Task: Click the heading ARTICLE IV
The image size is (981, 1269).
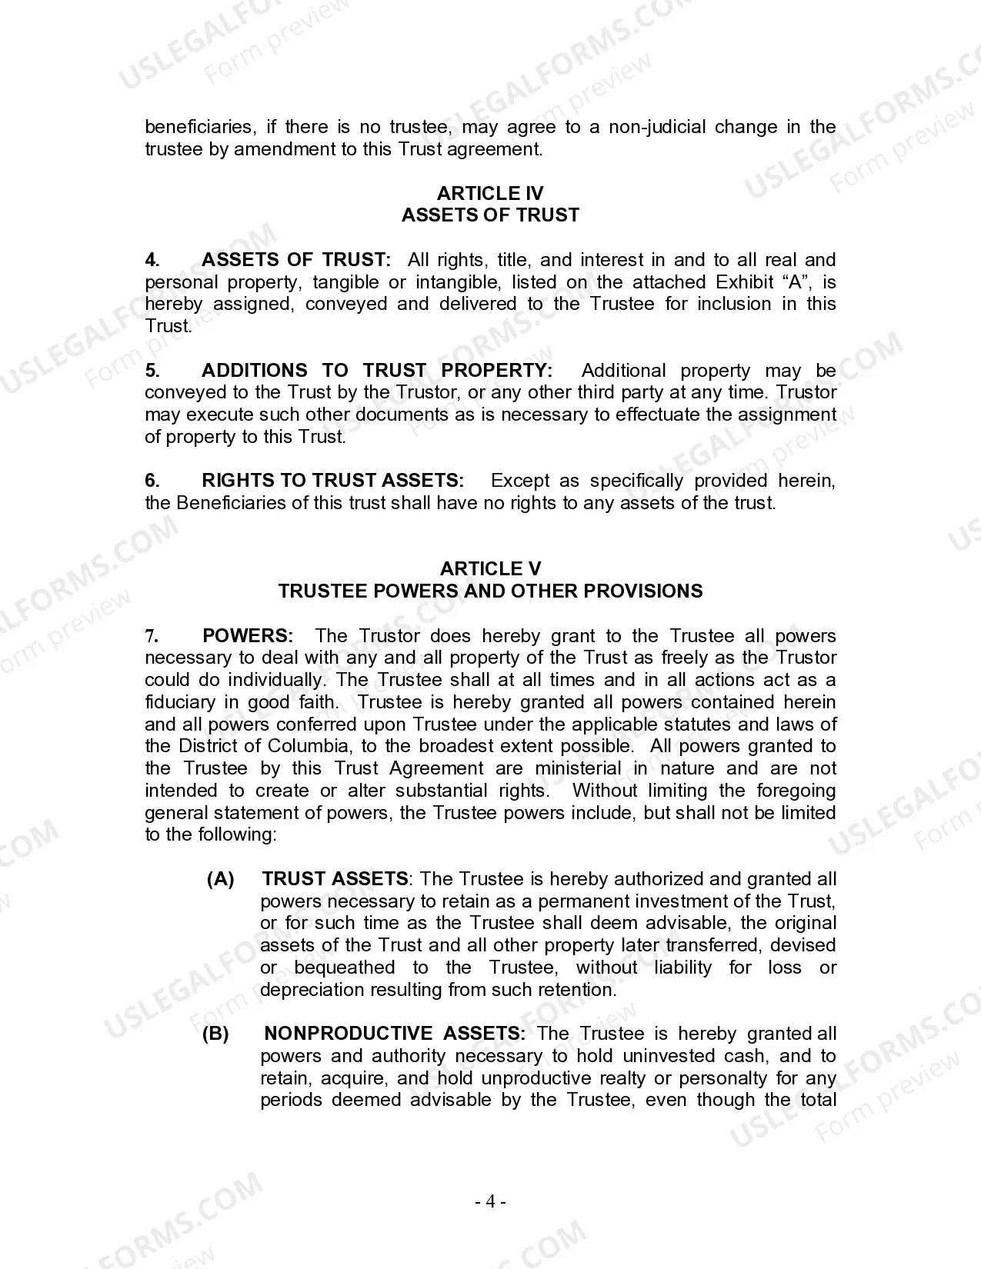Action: tap(490, 193)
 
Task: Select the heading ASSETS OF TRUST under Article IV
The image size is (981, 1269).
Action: tap(490, 215)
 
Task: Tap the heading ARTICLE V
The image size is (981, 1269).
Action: tap(490, 569)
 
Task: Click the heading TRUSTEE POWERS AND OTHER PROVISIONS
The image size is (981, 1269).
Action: tap(490, 591)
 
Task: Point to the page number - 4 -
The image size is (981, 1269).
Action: tap(490, 1201)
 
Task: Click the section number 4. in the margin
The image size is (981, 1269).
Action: tap(152, 260)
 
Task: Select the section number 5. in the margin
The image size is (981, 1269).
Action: tap(152, 371)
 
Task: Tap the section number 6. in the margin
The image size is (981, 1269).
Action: tap(152, 481)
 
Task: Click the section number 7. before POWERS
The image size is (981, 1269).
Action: tap(152, 636)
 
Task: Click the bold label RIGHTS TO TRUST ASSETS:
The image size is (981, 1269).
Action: tap(332, 481)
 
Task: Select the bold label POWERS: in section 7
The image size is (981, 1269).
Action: tap(248, 636)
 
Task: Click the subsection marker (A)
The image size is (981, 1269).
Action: tap(221, 879)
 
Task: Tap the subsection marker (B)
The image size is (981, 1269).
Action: tap(216, 1034)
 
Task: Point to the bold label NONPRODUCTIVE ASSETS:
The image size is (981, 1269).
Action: tap(395, 1034)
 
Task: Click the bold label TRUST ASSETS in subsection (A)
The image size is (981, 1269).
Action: tap(335, 879)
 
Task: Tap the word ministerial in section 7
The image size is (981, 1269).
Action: tap(578, 769)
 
